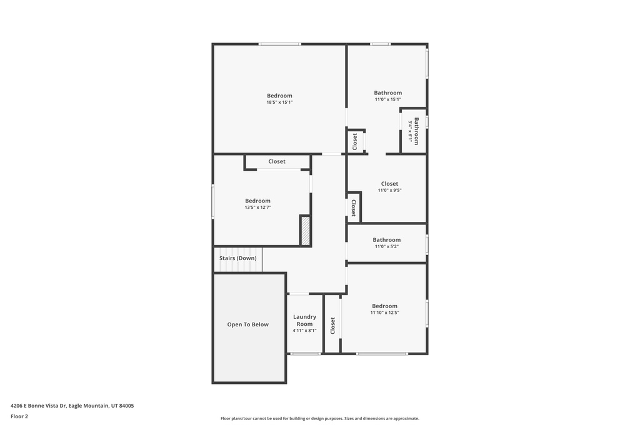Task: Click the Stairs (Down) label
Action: [238, 258]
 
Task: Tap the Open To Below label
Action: [247, 324]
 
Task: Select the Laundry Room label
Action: [304, 321]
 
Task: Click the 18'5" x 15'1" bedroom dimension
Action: [279, 103]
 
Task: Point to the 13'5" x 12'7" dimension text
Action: [258, 208]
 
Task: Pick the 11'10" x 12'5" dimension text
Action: [384, 313]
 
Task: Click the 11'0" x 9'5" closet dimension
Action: [390, 190]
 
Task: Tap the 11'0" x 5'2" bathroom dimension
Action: [386, 246]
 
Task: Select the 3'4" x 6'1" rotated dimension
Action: [410, 131]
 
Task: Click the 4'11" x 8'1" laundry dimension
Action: [304, 331]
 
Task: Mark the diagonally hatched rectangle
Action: [306, 231]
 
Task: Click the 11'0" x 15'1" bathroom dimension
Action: [388, 99]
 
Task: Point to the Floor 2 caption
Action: [19, 416]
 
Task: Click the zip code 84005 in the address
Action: [126, 406]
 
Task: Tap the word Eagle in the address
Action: [75, 406]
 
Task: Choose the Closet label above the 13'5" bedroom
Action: [277, 162]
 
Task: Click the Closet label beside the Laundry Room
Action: [332, 326]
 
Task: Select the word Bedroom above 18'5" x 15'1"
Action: [279, 96]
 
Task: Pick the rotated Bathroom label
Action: [416, 131]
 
